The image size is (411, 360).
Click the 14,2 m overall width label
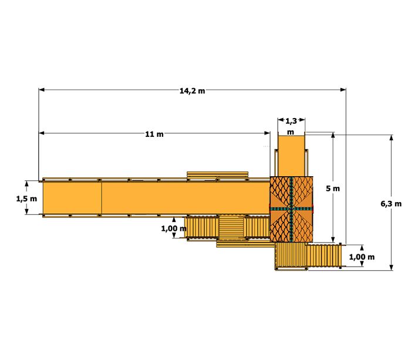[192, 91]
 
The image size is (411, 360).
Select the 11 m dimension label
[154, 134]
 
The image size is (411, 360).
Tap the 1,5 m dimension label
[26, 198]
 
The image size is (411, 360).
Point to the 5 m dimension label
[333, 189]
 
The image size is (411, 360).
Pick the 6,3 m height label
[391, 204]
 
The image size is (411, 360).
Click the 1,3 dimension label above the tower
[291, 121]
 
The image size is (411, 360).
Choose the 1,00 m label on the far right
[362, 257]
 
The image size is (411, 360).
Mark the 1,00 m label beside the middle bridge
[174, 228]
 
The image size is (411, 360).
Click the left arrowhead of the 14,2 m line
[42, 90]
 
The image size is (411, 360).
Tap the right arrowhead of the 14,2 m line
[343, 90]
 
